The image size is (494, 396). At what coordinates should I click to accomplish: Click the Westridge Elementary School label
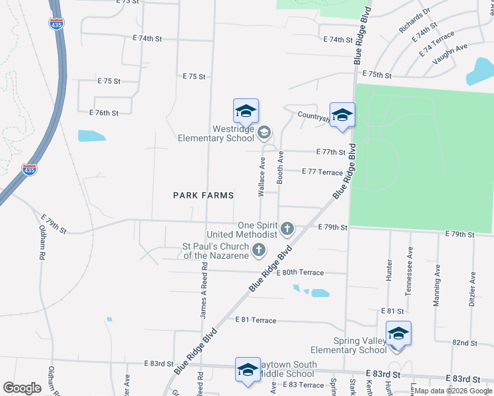pos(215,133)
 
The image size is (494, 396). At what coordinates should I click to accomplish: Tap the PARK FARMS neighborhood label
pos(203,195)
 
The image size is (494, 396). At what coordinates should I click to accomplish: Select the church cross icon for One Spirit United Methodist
pos(287,229)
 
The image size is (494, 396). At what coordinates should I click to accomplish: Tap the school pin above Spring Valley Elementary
pos(398,333)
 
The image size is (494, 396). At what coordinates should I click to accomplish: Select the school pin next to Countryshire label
pos(342,115)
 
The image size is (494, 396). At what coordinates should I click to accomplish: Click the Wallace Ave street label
pos(262,178)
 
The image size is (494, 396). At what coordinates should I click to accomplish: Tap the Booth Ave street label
pos(280,167)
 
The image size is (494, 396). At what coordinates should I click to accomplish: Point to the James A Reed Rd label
pos(204,290)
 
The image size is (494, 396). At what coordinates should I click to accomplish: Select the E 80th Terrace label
pos(300,272)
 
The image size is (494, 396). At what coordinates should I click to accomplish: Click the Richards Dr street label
pos(414,20)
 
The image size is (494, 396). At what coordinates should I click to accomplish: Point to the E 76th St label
pos(102,113)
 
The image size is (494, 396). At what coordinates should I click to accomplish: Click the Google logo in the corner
pos(22,388)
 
